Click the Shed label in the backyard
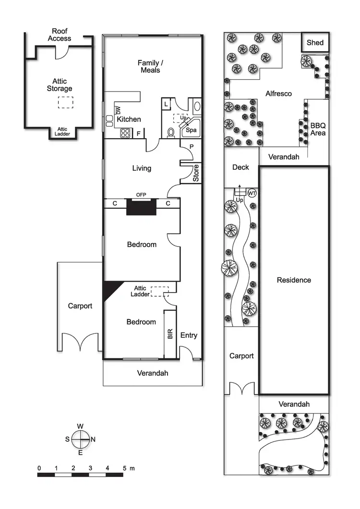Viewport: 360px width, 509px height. coord(315,43)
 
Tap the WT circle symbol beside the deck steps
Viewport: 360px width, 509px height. coord(252,193)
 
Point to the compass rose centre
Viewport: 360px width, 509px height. coord(81,438)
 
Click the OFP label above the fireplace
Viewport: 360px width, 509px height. coord(141,194)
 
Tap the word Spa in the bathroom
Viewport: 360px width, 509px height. coord(191,130)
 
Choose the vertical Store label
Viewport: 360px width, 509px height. coord(196,173)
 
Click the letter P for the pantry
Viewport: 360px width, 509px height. coord(191,146)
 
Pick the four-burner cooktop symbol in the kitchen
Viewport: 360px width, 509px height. coord(125,133)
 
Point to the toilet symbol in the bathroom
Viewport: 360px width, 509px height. coord(170,133)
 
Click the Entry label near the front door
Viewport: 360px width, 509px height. coord(189,335)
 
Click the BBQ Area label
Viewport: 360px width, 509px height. coord(318,129)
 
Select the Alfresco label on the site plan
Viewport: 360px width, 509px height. coord(278,94)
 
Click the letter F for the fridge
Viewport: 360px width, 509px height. coord(139,134)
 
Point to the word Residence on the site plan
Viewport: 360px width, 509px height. coord(294,280)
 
